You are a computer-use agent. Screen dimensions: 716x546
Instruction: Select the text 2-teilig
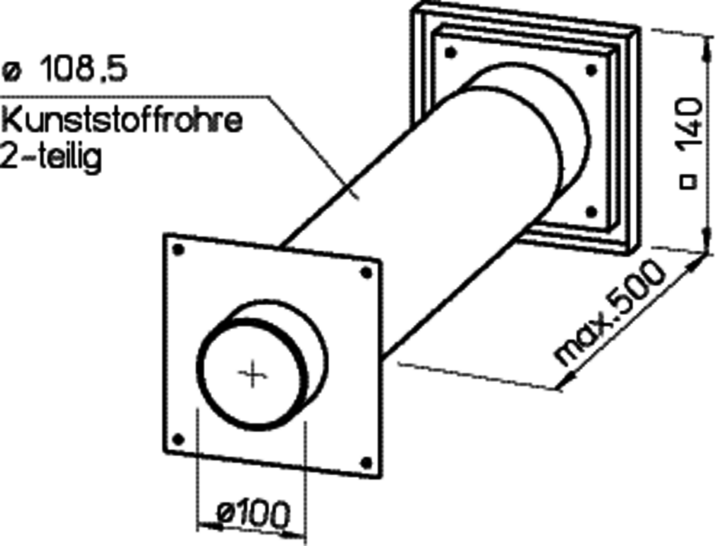click(51, 157)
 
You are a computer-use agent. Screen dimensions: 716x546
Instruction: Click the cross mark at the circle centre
click(252, 376)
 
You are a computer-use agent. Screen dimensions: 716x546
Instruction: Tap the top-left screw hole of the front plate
click(178, 250)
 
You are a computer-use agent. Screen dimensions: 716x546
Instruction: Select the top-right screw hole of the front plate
click(367, 273)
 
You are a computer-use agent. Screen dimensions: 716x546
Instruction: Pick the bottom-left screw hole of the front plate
click(178, 439)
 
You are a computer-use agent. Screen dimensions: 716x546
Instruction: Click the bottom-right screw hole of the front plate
click(367, 462)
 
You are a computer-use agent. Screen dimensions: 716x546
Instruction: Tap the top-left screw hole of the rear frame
click(451, 52)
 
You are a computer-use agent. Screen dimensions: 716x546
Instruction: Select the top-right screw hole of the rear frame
click(591, 70)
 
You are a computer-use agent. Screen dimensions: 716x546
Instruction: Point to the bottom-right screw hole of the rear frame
click(591, 212)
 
